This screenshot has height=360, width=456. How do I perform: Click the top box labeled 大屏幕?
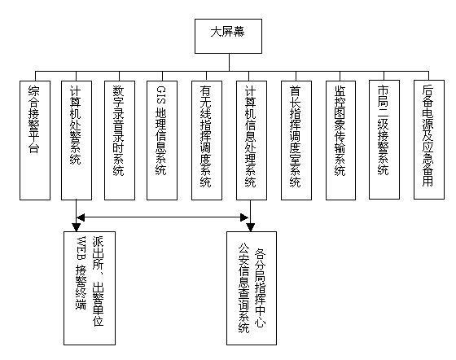pos(228,36)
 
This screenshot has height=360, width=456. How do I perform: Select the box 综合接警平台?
pos(35,140)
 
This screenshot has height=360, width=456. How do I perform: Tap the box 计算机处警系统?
pos(77,140)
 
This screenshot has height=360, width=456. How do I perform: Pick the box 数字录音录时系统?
pos(120,140)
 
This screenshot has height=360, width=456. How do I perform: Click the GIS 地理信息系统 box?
pos(162,140)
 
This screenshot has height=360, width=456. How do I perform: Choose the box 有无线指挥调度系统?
pos(207,140)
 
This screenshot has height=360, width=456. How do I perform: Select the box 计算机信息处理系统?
pos(252,140)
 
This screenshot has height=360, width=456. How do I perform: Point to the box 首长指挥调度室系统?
pos(296,140)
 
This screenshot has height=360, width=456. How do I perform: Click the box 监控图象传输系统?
pos(340,140)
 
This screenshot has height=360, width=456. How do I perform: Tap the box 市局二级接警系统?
pos(384,139)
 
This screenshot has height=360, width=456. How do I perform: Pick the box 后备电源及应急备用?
pos(429,139)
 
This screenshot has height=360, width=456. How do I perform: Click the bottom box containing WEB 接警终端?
pos(90,288)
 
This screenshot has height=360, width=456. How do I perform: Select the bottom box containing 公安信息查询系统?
pos(252,288)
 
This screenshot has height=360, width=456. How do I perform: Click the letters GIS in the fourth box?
pos(161,95)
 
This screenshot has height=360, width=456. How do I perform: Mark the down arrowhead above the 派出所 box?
pos(77,227)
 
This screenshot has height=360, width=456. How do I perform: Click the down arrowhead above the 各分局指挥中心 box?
pos(251,227)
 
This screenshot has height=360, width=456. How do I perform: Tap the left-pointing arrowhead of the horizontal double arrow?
pos(81,217)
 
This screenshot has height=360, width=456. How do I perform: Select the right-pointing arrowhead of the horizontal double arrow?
pos(244,217)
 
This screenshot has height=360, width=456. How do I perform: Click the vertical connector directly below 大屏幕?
pos(229,62)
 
